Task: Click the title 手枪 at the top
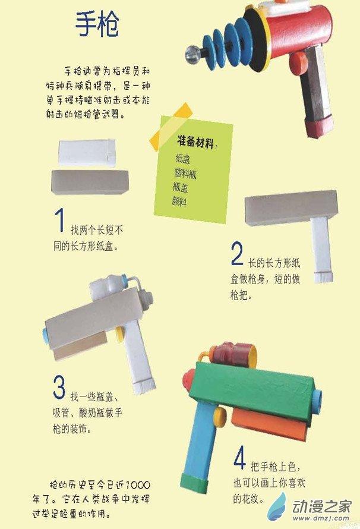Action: coord(97,24)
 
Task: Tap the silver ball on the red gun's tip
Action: coord(193,53)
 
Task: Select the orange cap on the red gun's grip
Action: coord(298,63)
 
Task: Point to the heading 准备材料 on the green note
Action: coord(195,141)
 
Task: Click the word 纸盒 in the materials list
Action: coord(183,158)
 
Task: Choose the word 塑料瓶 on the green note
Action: coord(185,173)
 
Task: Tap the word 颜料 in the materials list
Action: coord(179,201)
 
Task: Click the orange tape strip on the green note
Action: coord(171,127)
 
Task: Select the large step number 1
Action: coord(60,220)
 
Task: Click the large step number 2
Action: coord(237,254)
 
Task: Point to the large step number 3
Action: coord(59,387)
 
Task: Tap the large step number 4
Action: coord(239,458)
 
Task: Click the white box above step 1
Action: coord(87,153)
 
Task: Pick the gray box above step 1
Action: coord(90,182)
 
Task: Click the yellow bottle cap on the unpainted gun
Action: coord(119,334)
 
